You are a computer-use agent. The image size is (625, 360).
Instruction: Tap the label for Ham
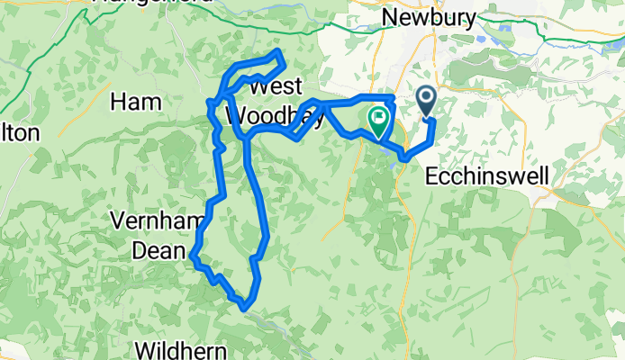136,102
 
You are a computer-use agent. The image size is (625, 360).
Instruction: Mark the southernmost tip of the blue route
244,309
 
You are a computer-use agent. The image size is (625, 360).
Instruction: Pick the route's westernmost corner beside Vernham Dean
192,260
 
